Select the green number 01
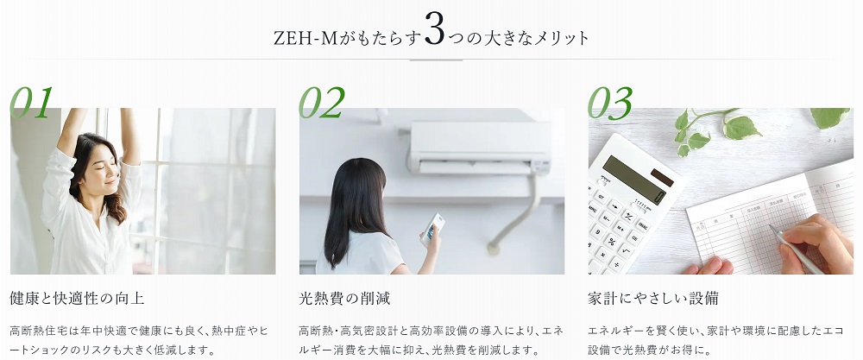click(32, 103)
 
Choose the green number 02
click(322, 103)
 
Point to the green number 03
click(610, 103)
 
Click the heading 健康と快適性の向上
click(77, 299)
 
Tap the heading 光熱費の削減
click(344, 299)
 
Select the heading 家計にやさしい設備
click(652, 299)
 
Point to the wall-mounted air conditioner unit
click(480, 148)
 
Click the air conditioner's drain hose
click(516, 215)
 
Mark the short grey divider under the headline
click(436, 60)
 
